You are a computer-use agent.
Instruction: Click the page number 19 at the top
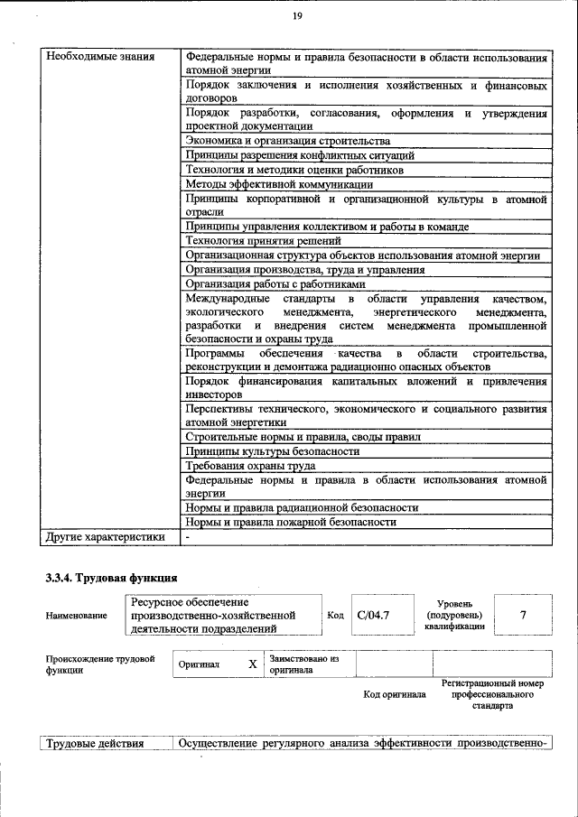(x=295, y=17)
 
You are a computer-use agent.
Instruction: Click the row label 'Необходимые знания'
(x=99, y=57)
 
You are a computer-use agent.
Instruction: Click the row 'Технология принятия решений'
(x=263, y=241)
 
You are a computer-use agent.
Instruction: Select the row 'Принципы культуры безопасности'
(x=272, y=450)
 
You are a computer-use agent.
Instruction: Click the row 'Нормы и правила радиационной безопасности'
(x=302, y=507)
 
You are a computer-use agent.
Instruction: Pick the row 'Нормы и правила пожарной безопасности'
(x=291, y=522)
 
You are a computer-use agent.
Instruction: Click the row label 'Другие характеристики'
(x=106, y=537)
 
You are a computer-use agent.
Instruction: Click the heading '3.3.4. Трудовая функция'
(x=110, y=578)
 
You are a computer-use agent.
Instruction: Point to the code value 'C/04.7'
(x=373, y=615)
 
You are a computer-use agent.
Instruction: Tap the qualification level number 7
(x=523, y=615)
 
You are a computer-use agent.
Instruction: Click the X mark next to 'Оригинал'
(x=253, y=664)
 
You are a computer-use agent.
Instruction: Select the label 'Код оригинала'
(x=395, y=694)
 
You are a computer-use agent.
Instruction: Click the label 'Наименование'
(x=76, y=616)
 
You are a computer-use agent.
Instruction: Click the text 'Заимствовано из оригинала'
(x=304, y=664)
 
